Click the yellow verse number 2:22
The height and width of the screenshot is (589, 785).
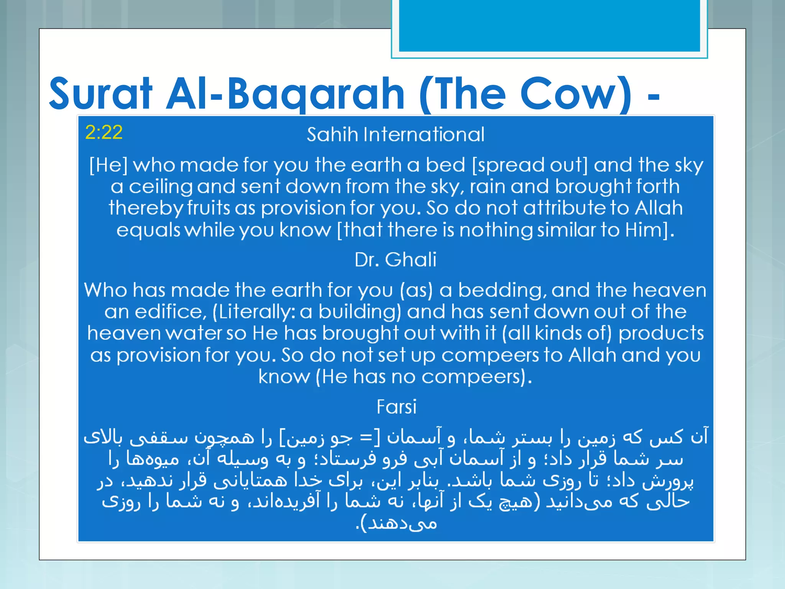coord(104,132)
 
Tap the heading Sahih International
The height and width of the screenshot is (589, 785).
coord(395,135)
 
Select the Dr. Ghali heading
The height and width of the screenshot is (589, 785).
coord(395,260)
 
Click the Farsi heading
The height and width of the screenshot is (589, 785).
coord(396,407)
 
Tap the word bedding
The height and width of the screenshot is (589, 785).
coord(502,290)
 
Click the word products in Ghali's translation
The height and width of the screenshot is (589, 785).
coord(661,333)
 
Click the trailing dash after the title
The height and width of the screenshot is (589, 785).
coord(654,96)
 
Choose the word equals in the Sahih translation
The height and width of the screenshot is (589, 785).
coord(148,230)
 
